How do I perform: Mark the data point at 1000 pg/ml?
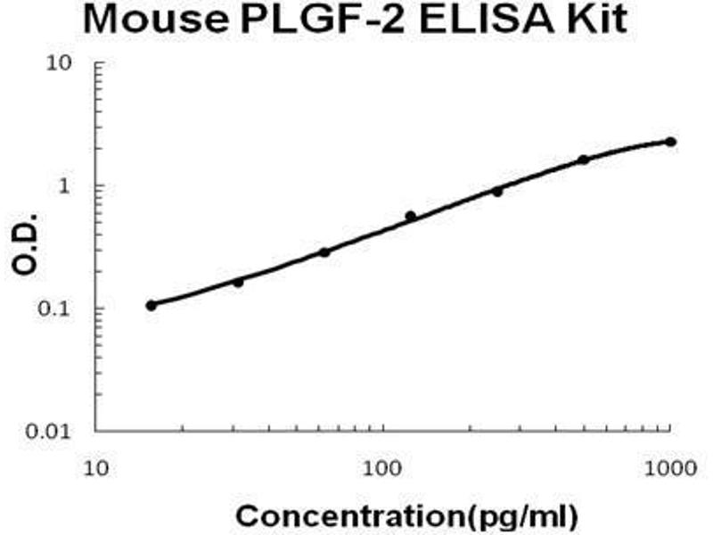click(670, 142)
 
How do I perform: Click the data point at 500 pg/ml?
click(584, 160)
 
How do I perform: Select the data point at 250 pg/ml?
click(497, 191)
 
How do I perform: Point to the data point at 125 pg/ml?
click(411, 215)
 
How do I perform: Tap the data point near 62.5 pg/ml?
click(324, 252)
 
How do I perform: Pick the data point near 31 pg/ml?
click(238, 283)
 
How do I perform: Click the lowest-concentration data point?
click(152, 305)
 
